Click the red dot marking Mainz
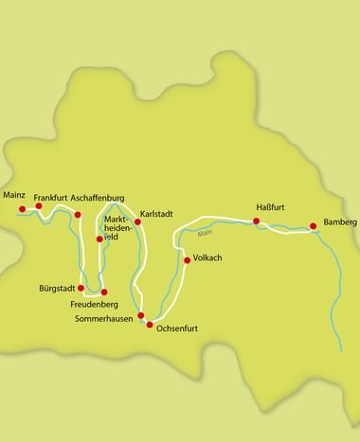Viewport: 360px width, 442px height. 23,209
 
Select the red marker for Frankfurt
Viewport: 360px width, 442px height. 39,205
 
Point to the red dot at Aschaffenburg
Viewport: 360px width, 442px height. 78,215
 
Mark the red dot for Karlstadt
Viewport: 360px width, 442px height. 137,222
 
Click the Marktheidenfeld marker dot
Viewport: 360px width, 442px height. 99,239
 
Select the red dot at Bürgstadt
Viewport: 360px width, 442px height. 81,288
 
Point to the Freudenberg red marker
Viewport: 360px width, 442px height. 104,292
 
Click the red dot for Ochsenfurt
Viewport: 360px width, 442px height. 148,324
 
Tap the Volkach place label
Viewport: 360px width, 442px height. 207,257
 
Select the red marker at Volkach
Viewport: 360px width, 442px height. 186,258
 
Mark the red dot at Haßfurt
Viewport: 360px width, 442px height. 256,221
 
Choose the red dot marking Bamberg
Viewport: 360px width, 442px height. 313,226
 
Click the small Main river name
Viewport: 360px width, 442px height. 206,233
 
